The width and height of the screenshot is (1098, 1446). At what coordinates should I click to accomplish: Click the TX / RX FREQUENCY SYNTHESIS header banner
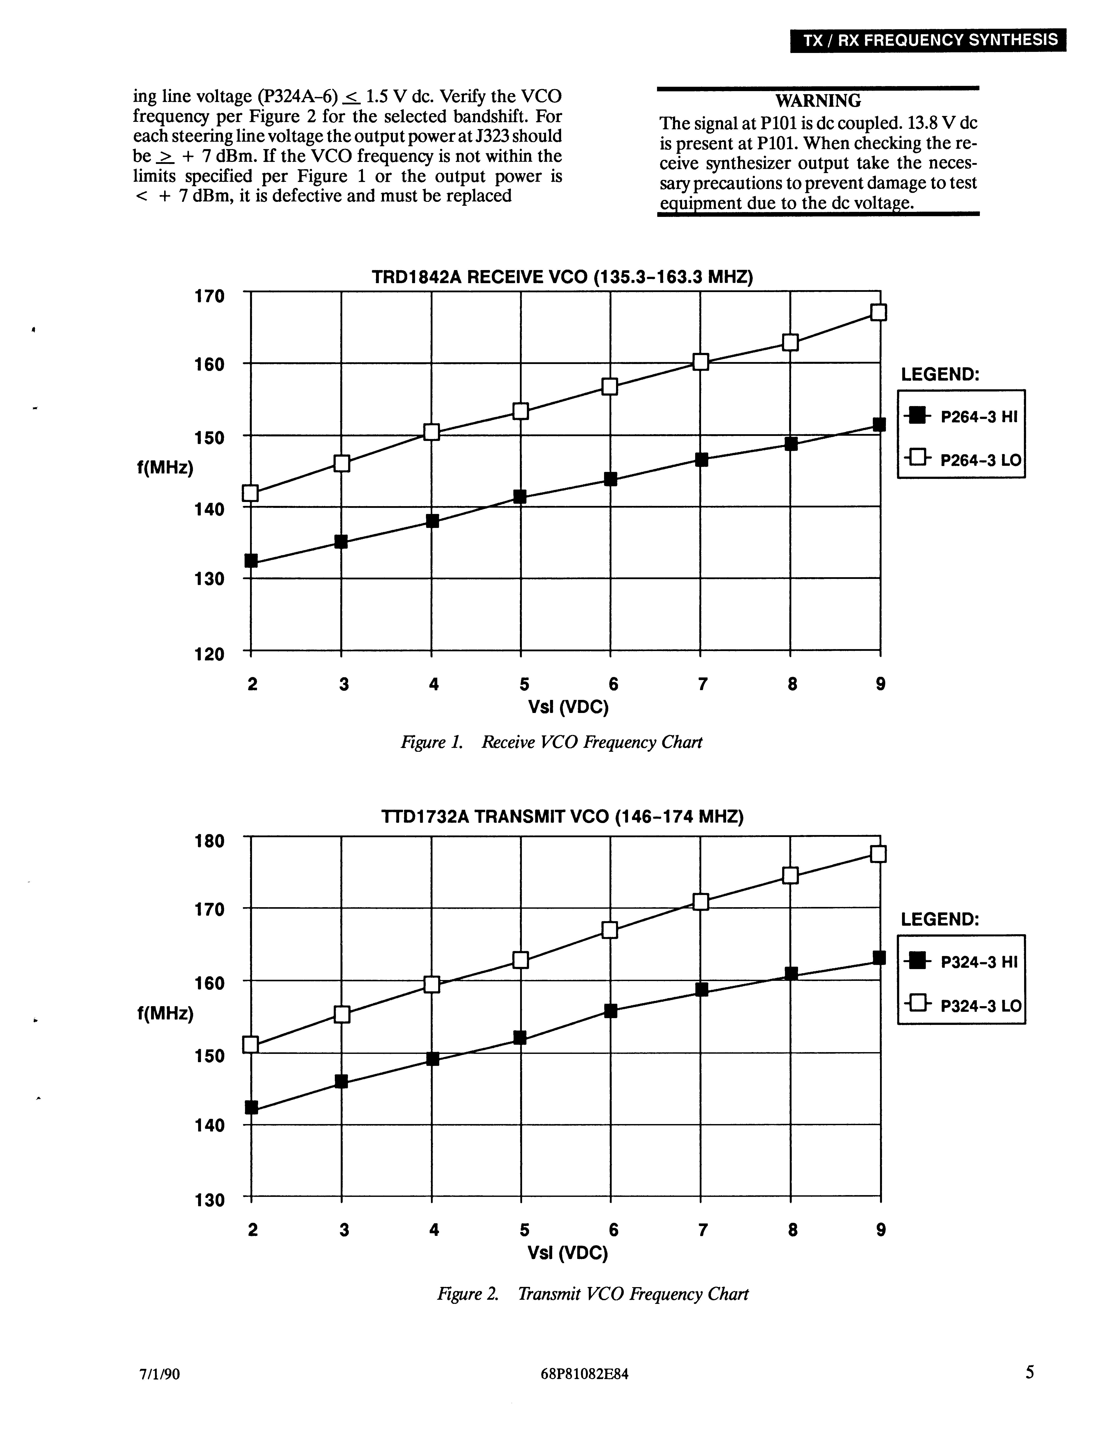(928, 41)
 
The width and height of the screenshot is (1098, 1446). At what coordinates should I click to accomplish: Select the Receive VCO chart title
(562, 277)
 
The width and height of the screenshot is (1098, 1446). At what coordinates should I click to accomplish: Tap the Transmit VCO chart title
(562, 817)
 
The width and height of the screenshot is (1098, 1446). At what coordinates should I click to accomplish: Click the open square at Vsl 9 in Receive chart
(879, 313)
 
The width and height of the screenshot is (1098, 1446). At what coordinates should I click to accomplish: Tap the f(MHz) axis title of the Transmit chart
(165, 1013)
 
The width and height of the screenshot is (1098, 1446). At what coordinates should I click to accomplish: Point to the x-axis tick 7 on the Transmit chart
(703, 1230)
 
